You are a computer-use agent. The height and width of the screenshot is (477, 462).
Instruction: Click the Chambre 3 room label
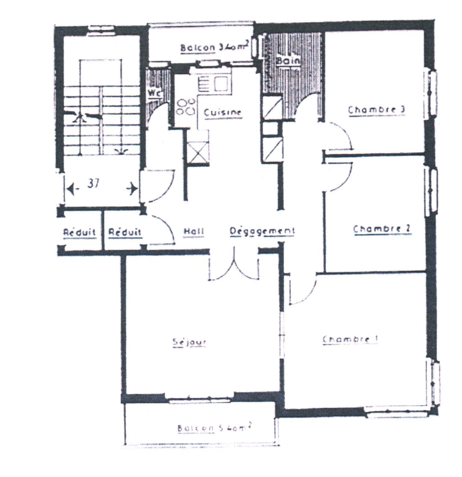377,110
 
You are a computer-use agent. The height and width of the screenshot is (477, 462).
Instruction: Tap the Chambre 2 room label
382,229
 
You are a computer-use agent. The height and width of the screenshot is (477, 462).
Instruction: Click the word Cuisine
222,112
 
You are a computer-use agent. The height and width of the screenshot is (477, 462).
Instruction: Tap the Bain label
288,60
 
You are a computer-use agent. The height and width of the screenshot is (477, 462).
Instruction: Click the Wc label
155,93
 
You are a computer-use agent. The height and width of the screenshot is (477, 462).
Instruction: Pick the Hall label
193,231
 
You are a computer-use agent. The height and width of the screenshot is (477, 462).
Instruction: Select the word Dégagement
262,231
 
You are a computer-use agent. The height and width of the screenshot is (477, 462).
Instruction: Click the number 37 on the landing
93,184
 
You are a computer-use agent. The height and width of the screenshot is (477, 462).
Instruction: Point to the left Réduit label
79,232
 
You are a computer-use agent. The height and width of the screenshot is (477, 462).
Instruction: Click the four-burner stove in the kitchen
186,107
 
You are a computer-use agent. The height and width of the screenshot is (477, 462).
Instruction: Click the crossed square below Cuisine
198,152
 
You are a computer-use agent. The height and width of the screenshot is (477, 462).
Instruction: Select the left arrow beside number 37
71,189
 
